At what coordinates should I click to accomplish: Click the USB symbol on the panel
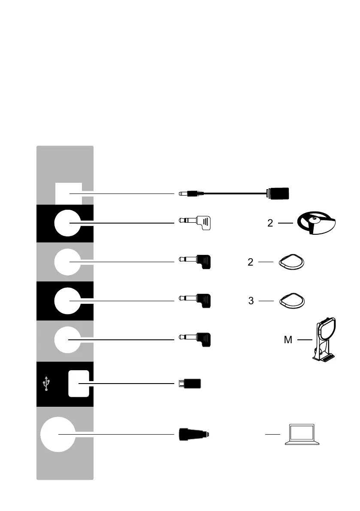(x=46, y=384)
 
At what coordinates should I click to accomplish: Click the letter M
(x=288, y=340)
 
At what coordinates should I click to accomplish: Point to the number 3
(x=251, y=301)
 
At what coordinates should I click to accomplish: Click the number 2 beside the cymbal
(x=270, y=223)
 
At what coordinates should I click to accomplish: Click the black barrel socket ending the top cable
(x=278, y=194)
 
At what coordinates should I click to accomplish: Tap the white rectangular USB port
(x=79, y=383)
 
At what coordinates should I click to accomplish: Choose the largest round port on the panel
(x=58, y=434)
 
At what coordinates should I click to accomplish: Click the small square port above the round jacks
(x=69, y=194)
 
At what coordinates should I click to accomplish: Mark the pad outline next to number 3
(x=293, y=301)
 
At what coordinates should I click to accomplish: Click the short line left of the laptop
(x=272, y=434)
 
